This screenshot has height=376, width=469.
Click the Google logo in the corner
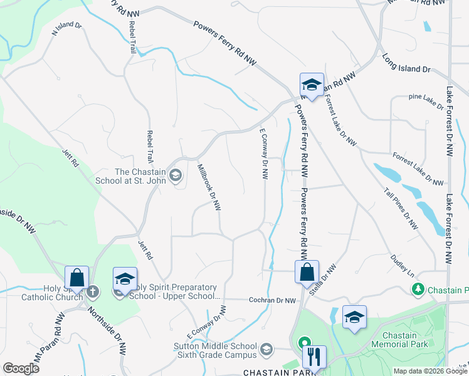pos(21,368)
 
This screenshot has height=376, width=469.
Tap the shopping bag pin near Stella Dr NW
pos(307,272)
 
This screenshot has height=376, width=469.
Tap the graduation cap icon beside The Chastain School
pos(176,175)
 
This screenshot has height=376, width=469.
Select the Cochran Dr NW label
pos(272,301)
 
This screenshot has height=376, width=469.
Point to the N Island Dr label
pos(67,30)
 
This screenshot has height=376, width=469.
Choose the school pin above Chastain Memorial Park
pos(354,317)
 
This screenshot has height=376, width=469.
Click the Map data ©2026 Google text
pos(430,371)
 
